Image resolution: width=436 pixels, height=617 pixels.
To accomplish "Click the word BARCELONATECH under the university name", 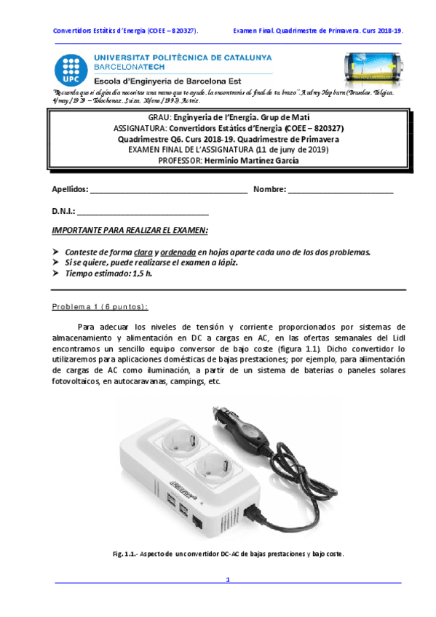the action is (x=121, y=65).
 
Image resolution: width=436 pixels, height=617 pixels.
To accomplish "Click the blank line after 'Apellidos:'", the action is (x=167, y=190).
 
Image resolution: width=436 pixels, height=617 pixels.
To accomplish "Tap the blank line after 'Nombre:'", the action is (x=341, y=190).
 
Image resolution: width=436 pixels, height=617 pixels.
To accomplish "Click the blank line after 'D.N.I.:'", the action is (x=143, y=212).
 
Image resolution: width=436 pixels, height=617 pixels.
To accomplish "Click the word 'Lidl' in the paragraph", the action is (x=396, y=338).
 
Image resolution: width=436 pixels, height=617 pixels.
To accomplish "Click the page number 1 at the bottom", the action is (x=228, y=580).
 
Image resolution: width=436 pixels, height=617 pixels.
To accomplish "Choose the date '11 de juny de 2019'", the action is (x=289, y=150).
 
